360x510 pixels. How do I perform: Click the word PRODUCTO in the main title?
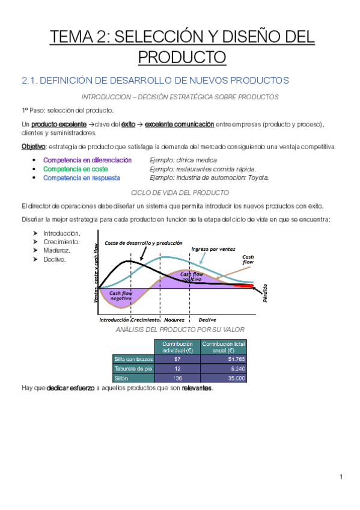pos(182,57)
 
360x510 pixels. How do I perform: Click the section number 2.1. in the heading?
pos(28,80)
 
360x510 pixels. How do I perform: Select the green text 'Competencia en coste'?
pos(76,169)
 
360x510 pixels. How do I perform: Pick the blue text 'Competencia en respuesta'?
pos(82,177)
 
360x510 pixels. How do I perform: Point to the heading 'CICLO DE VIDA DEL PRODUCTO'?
pos(180,192)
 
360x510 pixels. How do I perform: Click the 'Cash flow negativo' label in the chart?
pos(121,295)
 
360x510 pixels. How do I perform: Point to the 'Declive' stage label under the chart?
pos(207,320)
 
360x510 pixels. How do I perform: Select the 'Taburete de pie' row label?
pos(133,369)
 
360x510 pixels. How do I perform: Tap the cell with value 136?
pos(177,378)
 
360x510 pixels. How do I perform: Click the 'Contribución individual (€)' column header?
pos(177,347)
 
